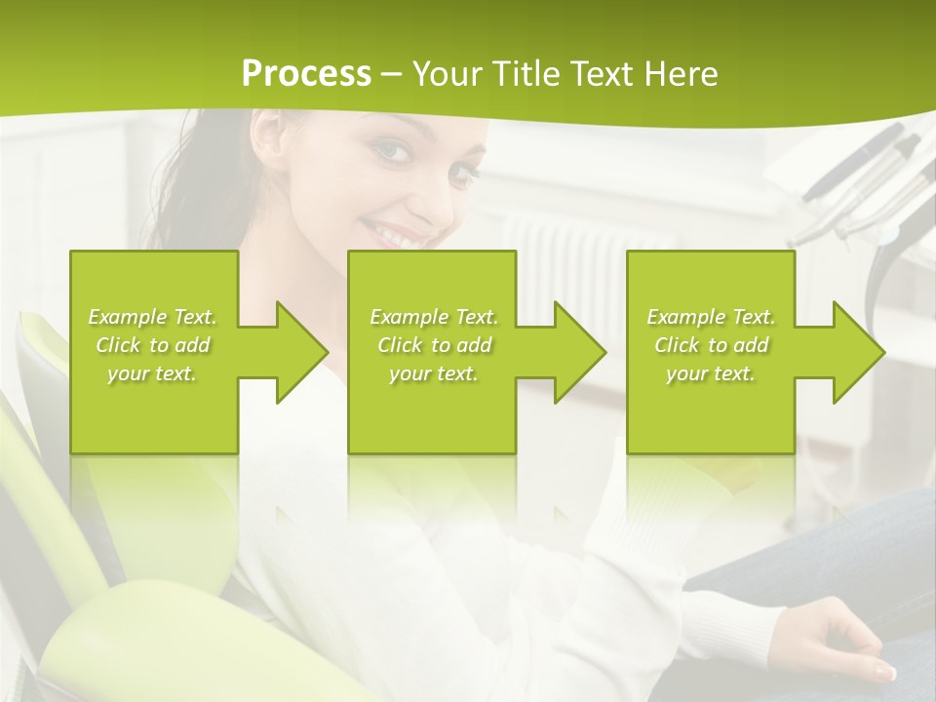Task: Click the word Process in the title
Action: point(306,74)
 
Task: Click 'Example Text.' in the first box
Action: point(153,317)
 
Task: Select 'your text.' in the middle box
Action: point(433,373)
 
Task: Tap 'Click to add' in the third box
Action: point(711,345)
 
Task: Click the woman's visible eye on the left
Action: point(390,150)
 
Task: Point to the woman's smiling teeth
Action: point(389,234)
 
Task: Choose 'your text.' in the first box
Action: point(153,373)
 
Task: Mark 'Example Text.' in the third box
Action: point(711,317)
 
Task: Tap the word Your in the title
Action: point(445,74)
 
